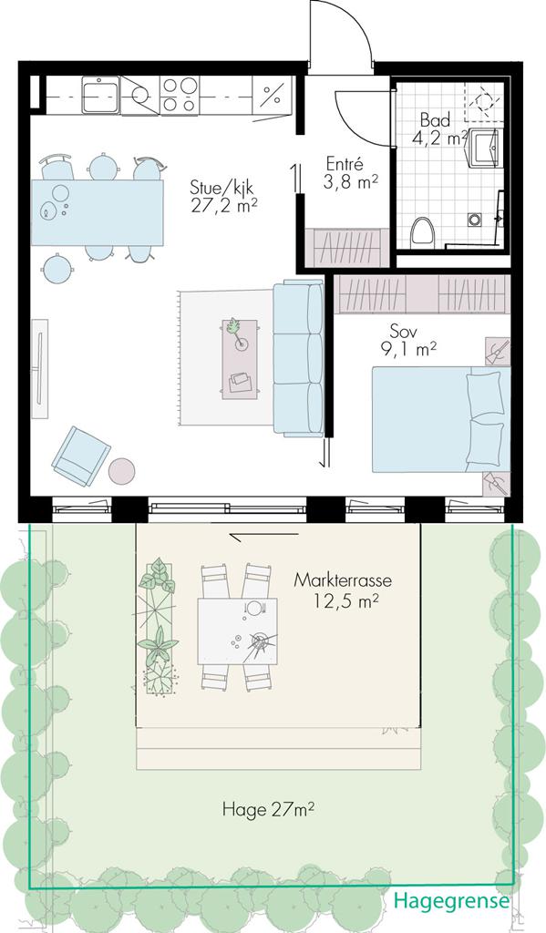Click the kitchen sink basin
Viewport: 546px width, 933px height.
[x=100, y=95]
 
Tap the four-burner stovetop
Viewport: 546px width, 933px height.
[x=180, y=95]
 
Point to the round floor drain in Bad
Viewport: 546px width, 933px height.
[x=475, y=220]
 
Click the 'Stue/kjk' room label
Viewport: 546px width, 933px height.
[x=222, y=187]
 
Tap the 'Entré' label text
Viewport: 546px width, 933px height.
[x=345, y=163]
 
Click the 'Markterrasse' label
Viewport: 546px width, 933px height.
[x=343, y=580]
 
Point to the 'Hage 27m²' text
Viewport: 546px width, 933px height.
[x=269, y=809]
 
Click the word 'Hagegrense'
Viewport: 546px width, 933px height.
[x=452, y=900]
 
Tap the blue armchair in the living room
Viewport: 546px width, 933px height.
[x=80, y=456]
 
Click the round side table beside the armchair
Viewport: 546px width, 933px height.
[x=121, y=471]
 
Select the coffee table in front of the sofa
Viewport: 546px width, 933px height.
[x=240, y=359]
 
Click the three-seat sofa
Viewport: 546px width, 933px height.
[x=298, y=357]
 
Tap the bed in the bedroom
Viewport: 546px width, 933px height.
[x=441, y=419]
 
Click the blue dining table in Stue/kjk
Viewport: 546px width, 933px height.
[x=98, y=212]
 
